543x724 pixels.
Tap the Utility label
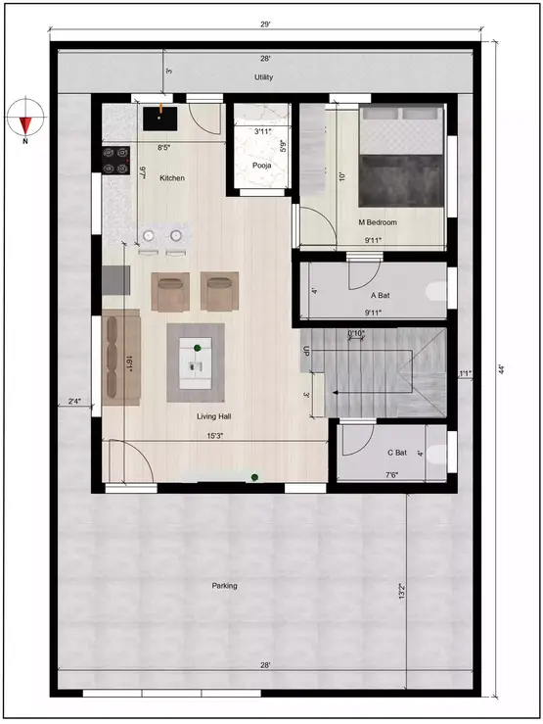tap(262, 76)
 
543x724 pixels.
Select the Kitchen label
tap(173, 178)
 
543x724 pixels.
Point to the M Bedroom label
tap(377, 222)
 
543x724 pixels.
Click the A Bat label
tap(381, 295)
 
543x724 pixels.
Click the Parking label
tap(224, 586)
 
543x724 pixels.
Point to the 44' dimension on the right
tap(501, 369)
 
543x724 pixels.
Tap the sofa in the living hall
tap(121, 357)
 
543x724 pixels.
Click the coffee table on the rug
tap(197, 362)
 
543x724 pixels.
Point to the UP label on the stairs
tap(306, 351)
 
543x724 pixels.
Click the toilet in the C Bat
tap(438, 452)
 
